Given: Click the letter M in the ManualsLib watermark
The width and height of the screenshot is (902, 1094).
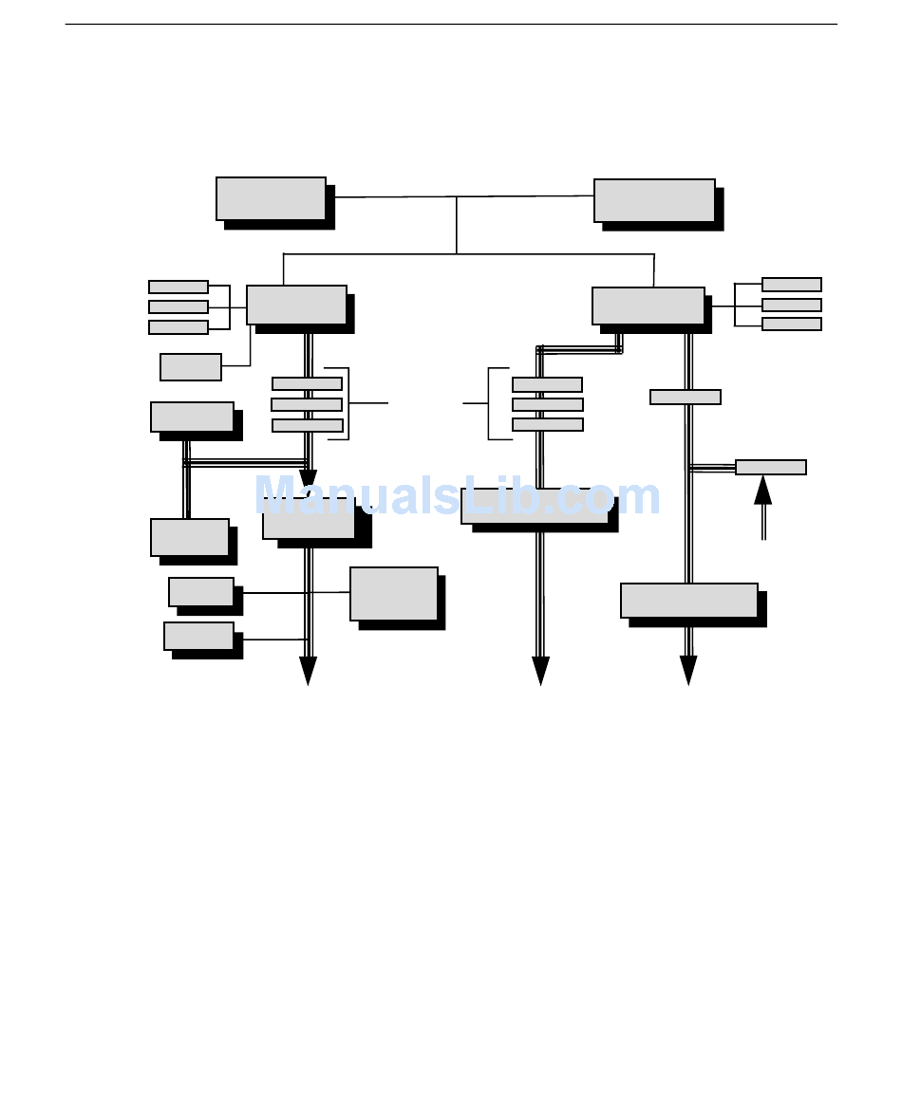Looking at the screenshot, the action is pyautogui.click(x=277, y=495).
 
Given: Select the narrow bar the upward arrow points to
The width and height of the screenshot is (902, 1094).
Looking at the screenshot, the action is pyautogui.click(x=771, y=467).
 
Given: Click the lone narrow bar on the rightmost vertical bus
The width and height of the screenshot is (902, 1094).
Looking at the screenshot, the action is pyautogui.click(x=686, y=397).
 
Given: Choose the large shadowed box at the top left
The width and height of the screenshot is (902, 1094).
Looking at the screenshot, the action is pyautogui.click(x=272, y=198).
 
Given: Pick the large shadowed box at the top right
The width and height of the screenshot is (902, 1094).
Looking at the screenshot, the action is pyautogui.click(x=654, y=200).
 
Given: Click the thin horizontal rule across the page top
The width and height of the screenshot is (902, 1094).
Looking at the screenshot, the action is pyautogui.click(x=451, y=25).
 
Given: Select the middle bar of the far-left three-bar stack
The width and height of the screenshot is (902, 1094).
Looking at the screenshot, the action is pyautogui.click(x=179, y=306).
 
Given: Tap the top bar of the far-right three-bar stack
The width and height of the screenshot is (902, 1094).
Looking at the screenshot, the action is pyautogui.click(x=792, y=285).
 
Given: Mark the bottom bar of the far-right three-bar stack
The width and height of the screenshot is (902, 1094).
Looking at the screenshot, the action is pyautogui.click(x=792, y=324).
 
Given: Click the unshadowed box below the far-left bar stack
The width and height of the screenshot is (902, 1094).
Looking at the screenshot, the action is pyautogui.click(x=191, y=366).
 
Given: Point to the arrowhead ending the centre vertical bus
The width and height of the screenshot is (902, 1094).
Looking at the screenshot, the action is pyautogui.click(x=540, y=671).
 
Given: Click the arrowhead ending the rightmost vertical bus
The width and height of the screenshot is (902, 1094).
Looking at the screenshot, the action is pyautogui.click(x=688, y=671).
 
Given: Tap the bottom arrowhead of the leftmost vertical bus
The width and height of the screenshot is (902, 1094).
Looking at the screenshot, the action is pyautogui.click(x=308, y=671).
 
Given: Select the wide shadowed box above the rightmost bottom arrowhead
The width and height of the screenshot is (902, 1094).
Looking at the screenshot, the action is pyautogui.click(x=689, y=601).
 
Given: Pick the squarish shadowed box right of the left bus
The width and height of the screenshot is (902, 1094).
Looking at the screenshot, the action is pyautogui.click(x=394, y=594).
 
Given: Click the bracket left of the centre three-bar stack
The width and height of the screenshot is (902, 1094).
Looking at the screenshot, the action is pyautogui.click(x=490, y=403).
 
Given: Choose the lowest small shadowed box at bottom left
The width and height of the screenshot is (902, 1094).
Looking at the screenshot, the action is pyautogui.click(x=199, y=636).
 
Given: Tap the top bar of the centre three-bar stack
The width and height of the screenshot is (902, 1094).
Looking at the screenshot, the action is pyautogui.click(x=547, y=384).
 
